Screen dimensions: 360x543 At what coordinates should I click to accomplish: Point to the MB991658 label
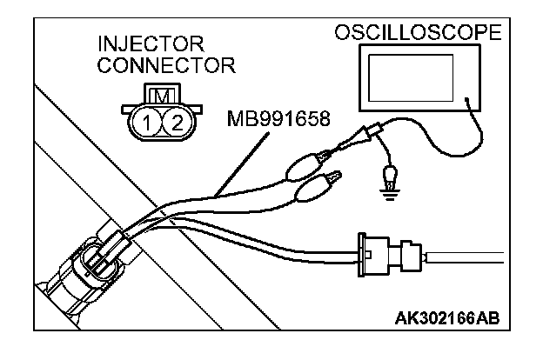point(276,117)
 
